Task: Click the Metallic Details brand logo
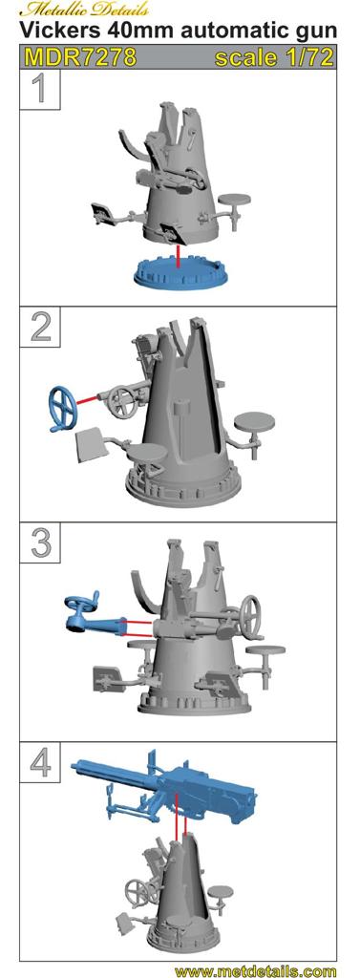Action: pos(87,9)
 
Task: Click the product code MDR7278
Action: pos(81,57)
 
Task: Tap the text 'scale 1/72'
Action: pos(273,57)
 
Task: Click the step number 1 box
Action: pos(39,89)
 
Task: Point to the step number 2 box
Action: pos(39,327)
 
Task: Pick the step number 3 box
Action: pos(39,542)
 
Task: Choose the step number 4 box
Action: pos(39,761)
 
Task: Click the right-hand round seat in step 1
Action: pos(235,200)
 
